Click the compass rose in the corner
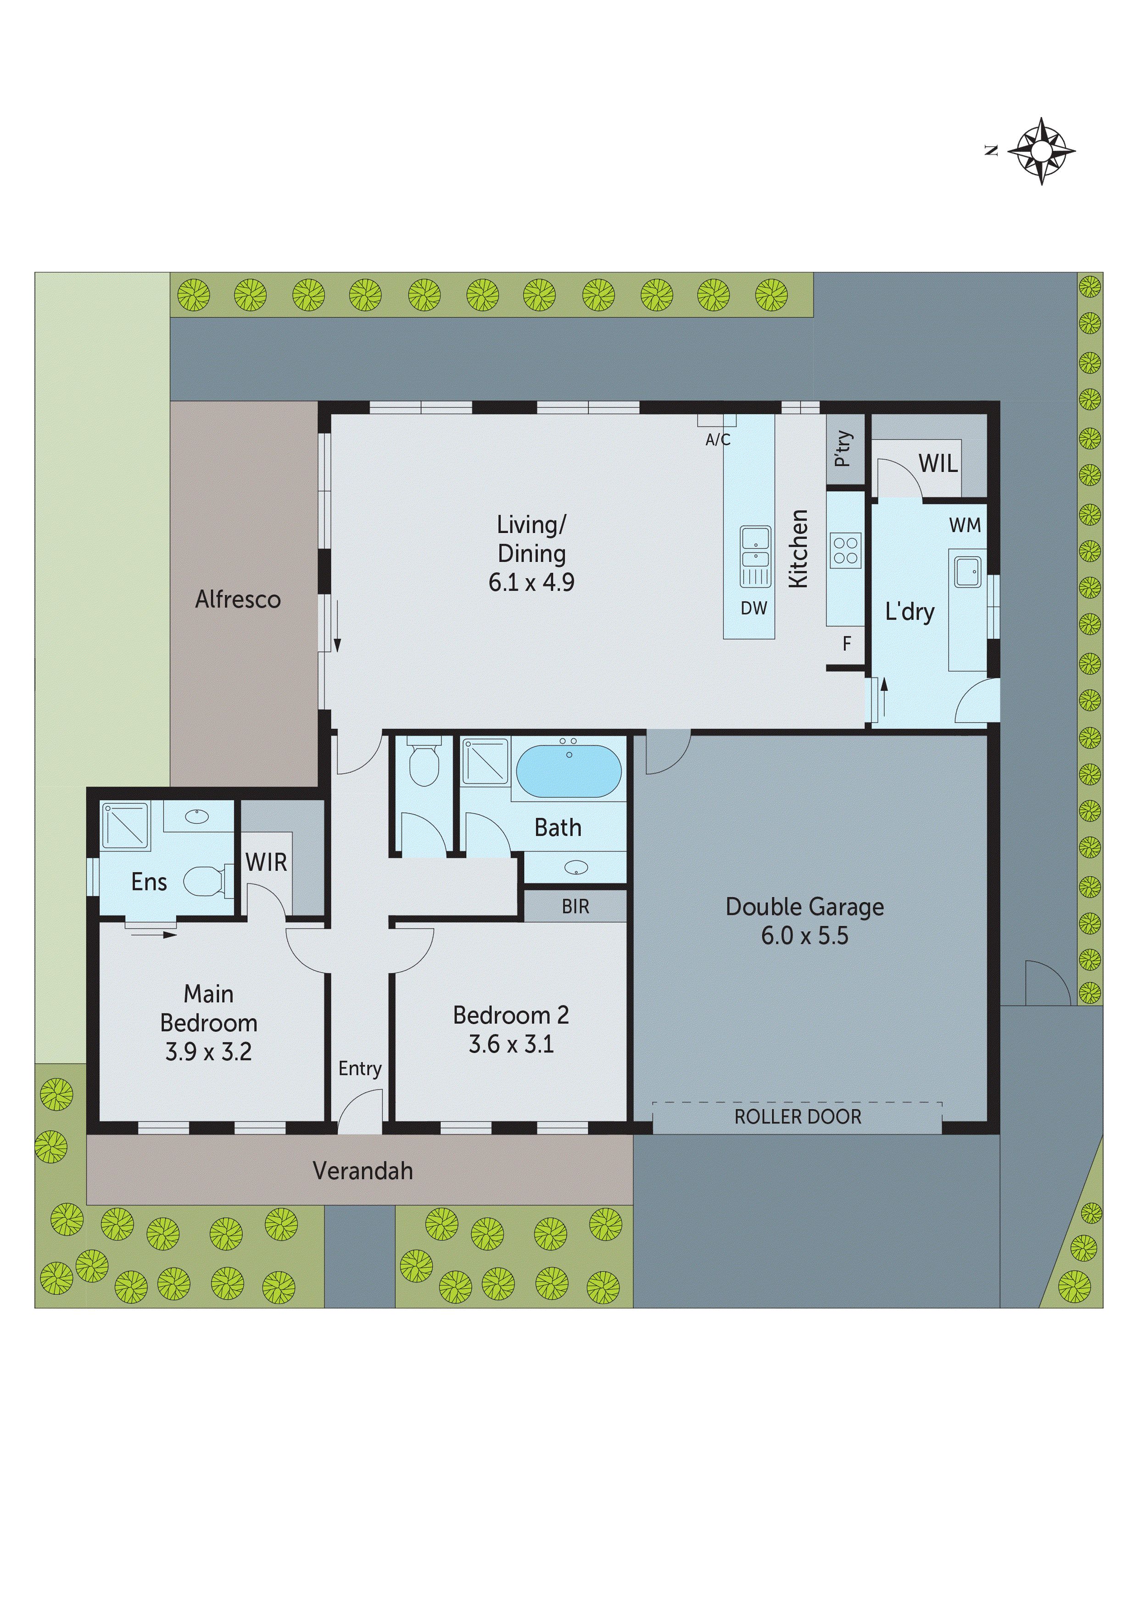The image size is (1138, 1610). [x=1041, y=151]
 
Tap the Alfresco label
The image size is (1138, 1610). [x=238, y=599]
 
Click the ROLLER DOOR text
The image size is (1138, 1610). [x=797, y=1116]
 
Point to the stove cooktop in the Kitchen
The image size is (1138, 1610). [x=845, y=550]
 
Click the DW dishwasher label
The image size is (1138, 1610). [x=754, y=608]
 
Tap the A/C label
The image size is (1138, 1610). [x=717, y=440]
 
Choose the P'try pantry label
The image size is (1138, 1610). [x=843, y=449]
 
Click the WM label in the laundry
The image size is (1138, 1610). [x=965, y=525]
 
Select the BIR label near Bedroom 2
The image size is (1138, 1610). [x=575, y=907]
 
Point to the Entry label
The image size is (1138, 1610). [x=360, y=1068]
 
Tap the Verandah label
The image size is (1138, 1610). [x=363, y=1170]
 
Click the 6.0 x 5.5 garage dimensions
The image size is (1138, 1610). [x=804, y=935]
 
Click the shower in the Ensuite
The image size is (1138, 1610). [x=126, y=825]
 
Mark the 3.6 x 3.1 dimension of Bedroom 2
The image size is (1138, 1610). [x=511, y=1044]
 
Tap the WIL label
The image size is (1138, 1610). [x=937, y=464]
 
